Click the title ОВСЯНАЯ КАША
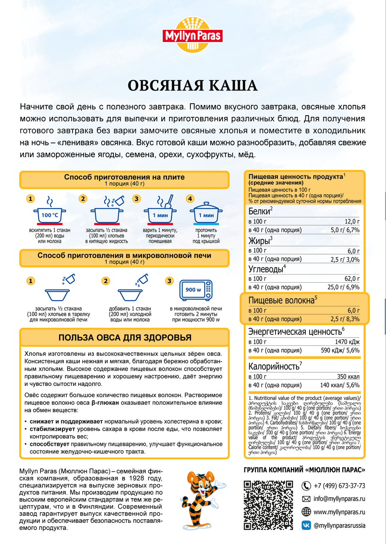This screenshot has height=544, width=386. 193,85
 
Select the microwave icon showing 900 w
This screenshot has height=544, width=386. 195,290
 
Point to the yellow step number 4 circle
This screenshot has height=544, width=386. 190,198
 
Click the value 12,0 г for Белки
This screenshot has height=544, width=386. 352,221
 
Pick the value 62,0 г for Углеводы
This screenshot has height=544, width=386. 352,278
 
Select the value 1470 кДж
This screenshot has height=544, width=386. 347,342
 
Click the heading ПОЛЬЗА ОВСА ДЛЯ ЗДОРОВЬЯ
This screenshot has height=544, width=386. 124,337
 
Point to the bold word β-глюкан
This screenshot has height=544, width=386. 105,402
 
